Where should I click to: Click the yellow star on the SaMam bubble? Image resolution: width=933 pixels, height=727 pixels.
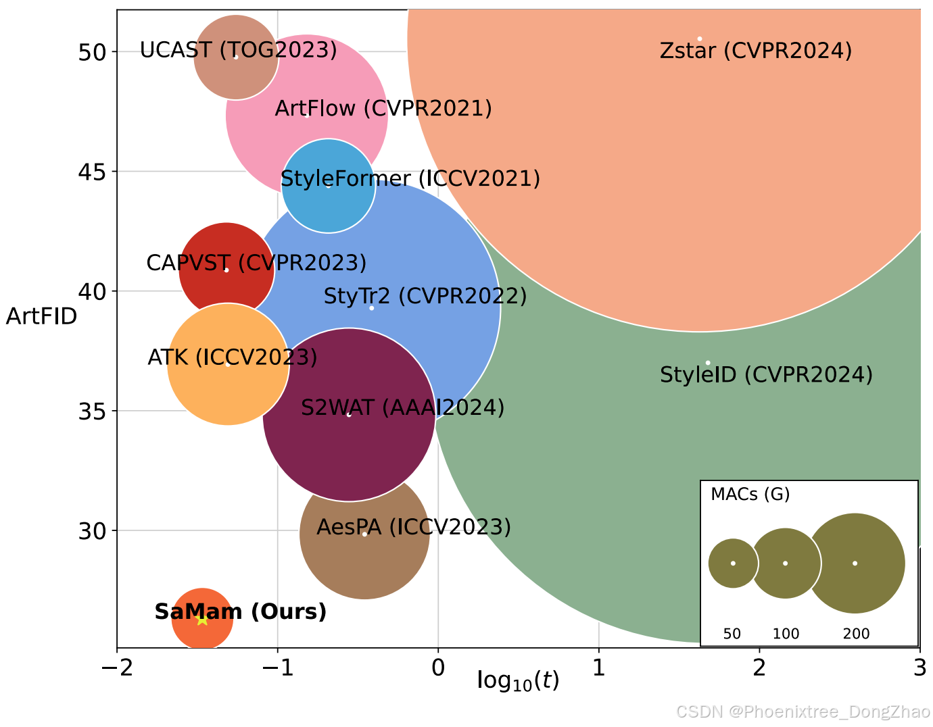[x=201, y=619]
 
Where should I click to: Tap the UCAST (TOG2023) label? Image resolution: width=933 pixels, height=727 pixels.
[x=238, y=50]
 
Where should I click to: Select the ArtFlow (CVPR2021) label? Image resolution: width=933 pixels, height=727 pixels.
[x=383, y=108]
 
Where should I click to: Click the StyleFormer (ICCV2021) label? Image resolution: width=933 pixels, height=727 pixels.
[x=410, y=179]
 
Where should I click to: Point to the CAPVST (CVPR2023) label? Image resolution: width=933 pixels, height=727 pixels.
[x=256, y=263]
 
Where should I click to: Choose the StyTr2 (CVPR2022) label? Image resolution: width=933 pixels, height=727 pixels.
[x=425, y=296]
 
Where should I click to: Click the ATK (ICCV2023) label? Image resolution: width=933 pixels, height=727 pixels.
[x=232, y=357]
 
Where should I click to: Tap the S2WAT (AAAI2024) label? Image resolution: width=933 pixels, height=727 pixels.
[x=402, y=407]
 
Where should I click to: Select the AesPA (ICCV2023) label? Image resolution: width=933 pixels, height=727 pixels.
[x=413, y=527]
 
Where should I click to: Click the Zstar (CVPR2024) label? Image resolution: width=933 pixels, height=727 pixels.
[x=755, y=51]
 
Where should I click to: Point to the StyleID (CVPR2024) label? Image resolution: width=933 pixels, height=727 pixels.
[x=766, y=374]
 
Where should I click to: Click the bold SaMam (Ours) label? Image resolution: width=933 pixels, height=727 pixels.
[x=240, y=611]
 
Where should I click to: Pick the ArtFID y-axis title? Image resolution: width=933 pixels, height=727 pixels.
[x=41, y=316]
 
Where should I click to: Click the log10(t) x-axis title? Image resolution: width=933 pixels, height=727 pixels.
[x=518, y=680]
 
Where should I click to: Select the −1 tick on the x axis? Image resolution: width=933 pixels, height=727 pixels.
[x=277, y=668]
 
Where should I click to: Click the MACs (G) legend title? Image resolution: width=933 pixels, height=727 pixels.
[x=750, y=495]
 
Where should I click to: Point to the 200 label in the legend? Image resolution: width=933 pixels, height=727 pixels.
[x=856, y=634]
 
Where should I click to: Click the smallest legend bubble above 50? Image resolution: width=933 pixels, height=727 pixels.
[x=733, y=563]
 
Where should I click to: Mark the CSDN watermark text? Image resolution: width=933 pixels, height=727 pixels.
[x=803, y=711]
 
